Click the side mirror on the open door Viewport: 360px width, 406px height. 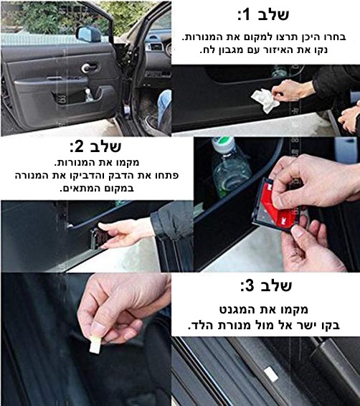click(x=88, y=34)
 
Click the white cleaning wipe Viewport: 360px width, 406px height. click(x=265, y=100)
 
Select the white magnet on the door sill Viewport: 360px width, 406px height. click(x=270, y=374)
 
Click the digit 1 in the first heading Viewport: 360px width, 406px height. click(x=247, y=15)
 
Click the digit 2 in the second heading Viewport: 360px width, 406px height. click(x=79, y=147)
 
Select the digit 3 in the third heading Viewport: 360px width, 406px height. click(x=250, y=286)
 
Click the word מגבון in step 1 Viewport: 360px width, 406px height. click(x=237, y=50)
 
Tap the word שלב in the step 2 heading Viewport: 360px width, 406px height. click(x=105, y=147)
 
